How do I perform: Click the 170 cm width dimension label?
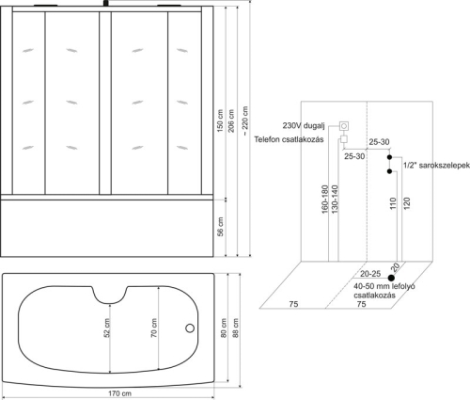[x=119, y=393]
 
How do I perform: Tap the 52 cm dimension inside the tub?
[x=107, y=328]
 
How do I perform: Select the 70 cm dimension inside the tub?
[x=154, y=328]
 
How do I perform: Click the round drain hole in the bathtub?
[x=190, y=328]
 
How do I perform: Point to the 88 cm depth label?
[x=236, y=328]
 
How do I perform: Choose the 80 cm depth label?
[x=224, y=328]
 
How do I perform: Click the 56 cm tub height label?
[x=221, y=227]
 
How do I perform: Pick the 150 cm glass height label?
[x=220, y=120]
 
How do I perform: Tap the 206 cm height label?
[x=231, y=120]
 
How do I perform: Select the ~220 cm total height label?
[x=245, y=120]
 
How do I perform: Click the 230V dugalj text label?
[x=304, y=126]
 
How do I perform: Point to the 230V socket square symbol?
[x=344, y=126]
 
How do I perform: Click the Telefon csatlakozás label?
[x=289, y=139]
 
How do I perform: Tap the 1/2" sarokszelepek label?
[x=436, y=166]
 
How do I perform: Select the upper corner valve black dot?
[x=389, y=157]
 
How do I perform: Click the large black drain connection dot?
[x=391, y=278]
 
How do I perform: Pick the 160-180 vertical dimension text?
[x=324, y=200]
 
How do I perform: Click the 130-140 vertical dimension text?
[x=335, y=200]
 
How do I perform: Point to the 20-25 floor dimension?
[x=370, y=274]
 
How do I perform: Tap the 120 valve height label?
[x=406, y=203]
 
